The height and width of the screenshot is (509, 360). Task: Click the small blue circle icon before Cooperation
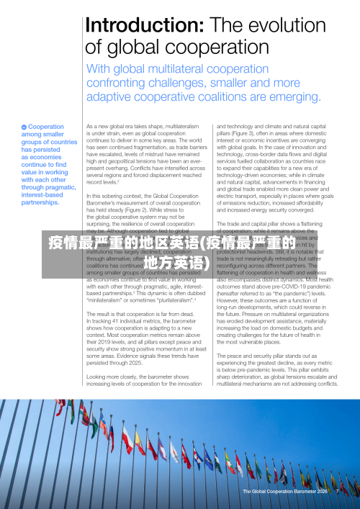point(24,127)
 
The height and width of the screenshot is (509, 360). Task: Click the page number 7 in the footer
point(336,492)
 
